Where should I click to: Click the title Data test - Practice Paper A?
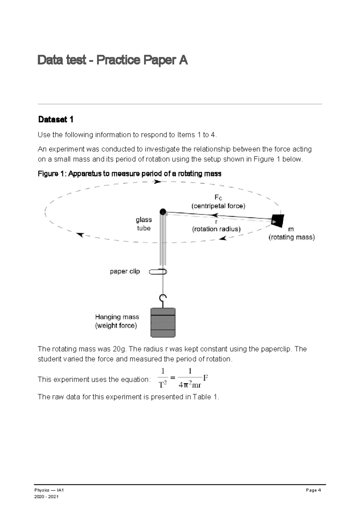tap(112, 60)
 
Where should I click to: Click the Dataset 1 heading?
tap(55, 119)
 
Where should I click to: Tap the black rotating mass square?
tap(277, 220)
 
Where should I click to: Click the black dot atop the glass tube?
tap(163, 212)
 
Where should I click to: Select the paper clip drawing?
tap(158, 272)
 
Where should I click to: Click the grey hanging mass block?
tap(163, 323)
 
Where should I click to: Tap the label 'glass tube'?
tap(144, 224)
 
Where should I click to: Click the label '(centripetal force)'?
tap(218, 206)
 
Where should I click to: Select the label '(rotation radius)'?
tap(216, 229)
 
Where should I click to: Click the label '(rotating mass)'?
tap(292, 237)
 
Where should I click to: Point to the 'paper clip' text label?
tap(125, 271)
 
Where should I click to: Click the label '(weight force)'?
tap(116, 326)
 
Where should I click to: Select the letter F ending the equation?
tap(205, 377)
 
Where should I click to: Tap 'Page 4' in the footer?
tap(313, 490)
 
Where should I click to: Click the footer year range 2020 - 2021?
tap(46, 497)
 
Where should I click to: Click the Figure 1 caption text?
tap(129, 174)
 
